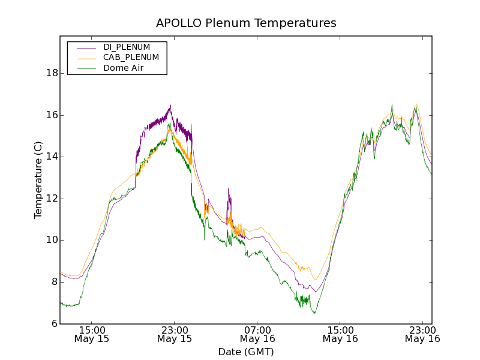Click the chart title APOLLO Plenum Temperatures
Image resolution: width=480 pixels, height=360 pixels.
pos(246,23)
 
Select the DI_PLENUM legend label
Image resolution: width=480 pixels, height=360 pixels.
pos(127,47)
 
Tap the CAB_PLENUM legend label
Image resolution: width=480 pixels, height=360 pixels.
pos(131,58)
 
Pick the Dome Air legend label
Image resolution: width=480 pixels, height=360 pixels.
pos(124,68)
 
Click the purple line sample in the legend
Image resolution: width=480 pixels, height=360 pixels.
pos(86,47)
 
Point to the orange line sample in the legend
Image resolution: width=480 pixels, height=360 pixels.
pos(86,58)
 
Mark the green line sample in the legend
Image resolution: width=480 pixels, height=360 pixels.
pos(86,68)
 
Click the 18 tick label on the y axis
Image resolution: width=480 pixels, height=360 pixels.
pos(52,73)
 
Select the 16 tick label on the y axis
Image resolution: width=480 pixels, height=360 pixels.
pos(52,115)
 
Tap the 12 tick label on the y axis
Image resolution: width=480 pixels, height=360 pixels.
pos(52,199)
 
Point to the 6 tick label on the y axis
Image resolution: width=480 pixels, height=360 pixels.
pos(55,324)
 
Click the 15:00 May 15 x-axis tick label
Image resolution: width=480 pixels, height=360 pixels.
pos(92,334)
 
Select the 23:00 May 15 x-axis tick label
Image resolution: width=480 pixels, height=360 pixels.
pos(175,334)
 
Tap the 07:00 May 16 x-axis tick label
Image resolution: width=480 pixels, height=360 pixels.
pos(257,334)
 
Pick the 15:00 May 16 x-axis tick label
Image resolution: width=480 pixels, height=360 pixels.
pos(340,334)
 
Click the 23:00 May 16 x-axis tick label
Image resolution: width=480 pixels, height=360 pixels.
pos(422,334)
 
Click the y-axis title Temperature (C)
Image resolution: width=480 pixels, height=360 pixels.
pos(38,180)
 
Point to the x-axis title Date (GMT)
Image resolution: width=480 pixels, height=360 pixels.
pos(246,352)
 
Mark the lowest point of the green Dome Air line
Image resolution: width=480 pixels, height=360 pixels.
pos(314,313)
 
